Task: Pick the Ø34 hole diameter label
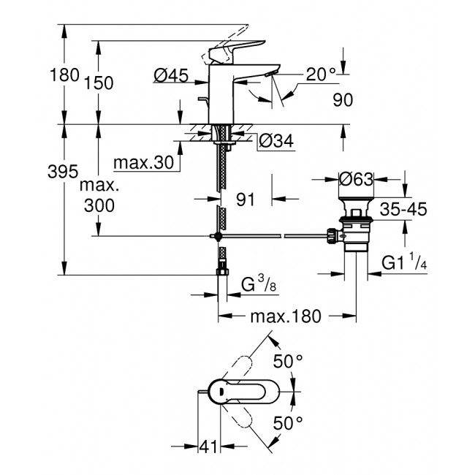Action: coord(276,142)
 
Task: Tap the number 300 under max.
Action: coord(99,206)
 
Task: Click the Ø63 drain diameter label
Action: coord(357,178)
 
